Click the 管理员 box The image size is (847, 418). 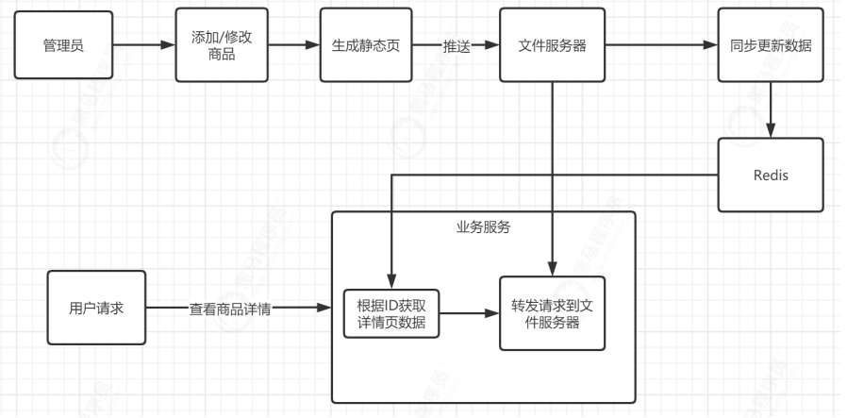pos(63,45)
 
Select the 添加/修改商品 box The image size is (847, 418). pos(223,45)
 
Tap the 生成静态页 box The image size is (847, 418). pos(367,45)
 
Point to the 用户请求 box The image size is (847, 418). pos(97,308)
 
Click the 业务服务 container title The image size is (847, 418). pos(483,226)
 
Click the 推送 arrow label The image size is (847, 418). pos(457,45)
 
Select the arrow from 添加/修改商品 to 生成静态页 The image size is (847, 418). pos(294,45)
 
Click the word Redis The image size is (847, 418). pos(771,175)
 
